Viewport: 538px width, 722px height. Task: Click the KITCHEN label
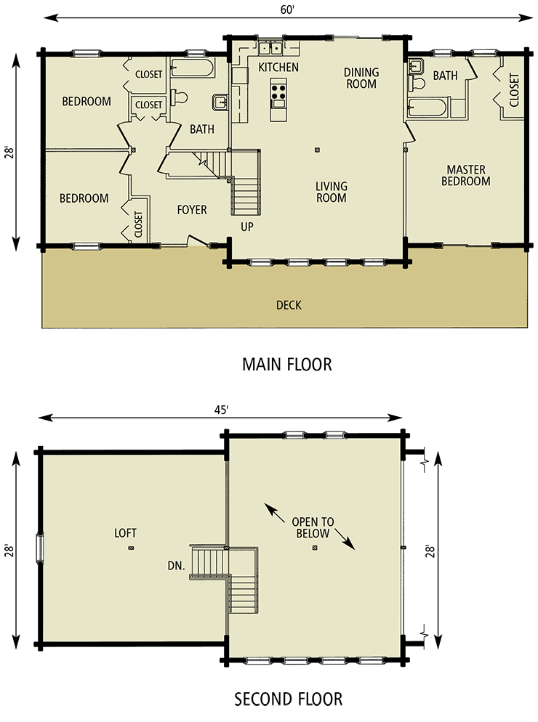pos(278,68)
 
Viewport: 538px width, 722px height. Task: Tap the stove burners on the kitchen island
pos(278,92)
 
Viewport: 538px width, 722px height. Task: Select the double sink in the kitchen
pos(271,49)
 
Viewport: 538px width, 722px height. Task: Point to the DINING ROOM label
pos(361,78)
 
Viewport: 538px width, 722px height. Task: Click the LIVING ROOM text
pos(331,192)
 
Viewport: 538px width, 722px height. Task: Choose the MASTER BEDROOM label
pos(465,176)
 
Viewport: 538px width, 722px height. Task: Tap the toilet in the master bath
pos(417,82)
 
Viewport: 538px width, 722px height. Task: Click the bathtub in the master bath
pos(427,108)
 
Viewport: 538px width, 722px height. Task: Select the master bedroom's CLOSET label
pos(514,90)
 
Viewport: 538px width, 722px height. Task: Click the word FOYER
pos(192,210)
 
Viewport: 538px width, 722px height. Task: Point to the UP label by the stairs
pos(247,227)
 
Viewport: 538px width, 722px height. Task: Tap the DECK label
pos(289,305)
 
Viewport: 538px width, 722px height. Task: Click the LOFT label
pos(125,533)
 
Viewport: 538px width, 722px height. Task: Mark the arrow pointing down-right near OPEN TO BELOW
pos(345,541)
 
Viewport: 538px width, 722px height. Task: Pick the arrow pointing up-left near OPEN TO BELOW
pos(273,511)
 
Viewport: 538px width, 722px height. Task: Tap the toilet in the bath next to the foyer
pos(180,96)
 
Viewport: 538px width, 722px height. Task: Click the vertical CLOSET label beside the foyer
pos(138,224)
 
